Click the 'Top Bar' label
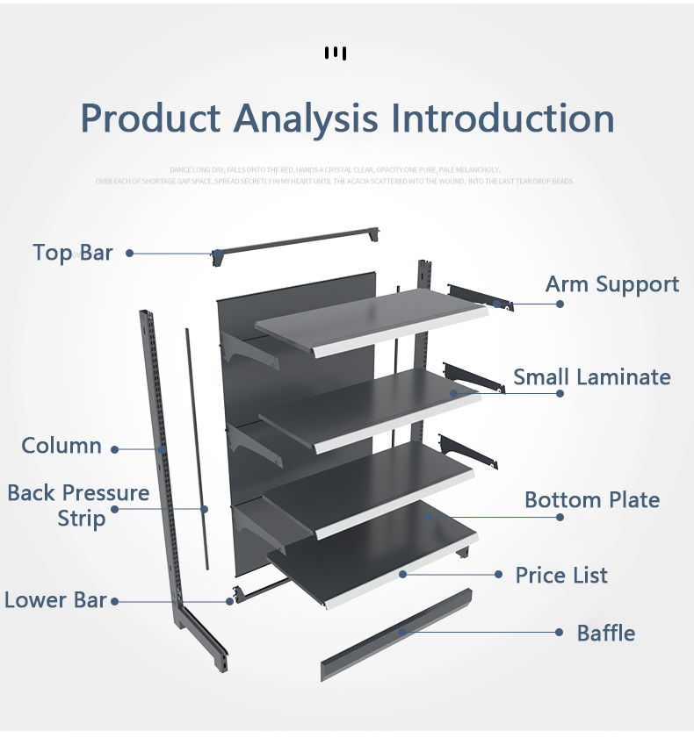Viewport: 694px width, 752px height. [73, 253]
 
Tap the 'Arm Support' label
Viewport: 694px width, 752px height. [611, 284]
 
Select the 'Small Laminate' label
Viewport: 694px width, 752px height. [591, 377]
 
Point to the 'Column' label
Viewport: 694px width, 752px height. [61, 446]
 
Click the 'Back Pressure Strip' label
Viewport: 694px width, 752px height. [78, 505]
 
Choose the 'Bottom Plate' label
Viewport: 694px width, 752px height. [591, 500]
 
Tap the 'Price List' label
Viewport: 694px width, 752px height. [560, 576]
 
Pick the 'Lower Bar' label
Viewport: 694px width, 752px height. [55, 600]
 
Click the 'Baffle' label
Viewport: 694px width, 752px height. [605, 633]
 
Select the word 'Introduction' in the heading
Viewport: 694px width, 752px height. [502, 118]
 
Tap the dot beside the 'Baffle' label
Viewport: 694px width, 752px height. [560, 632]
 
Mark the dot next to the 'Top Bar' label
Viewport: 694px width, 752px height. [129, 253]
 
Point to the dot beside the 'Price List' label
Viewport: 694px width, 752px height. [498, 575]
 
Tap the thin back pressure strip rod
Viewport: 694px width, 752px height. [196, 448]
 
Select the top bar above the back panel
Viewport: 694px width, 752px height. [299, 242]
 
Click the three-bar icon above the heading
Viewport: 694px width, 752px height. [336, 54]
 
